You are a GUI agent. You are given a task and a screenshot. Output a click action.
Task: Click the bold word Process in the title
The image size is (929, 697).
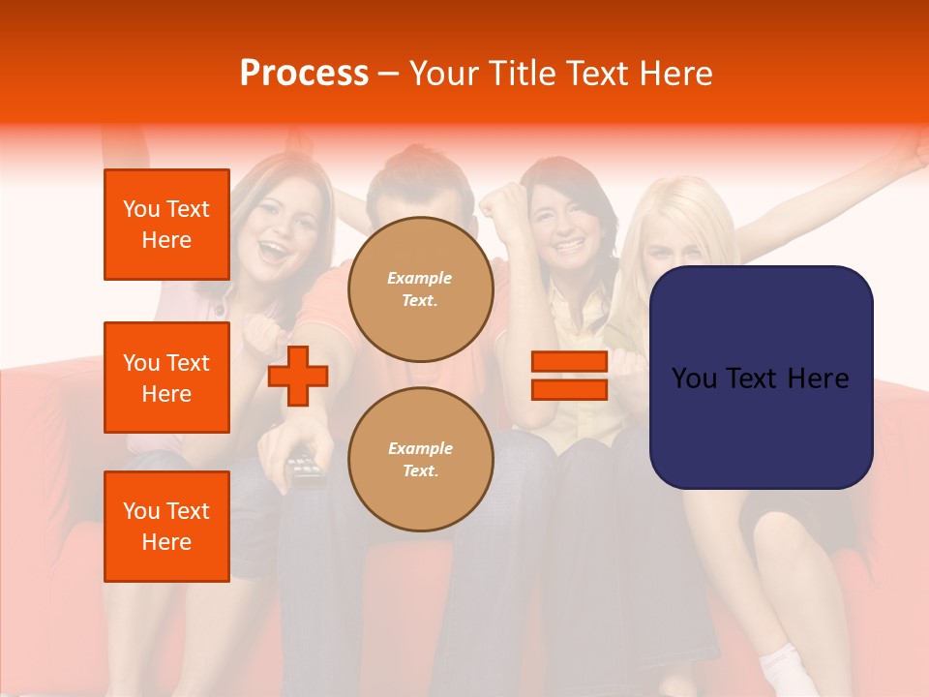coord(304,73)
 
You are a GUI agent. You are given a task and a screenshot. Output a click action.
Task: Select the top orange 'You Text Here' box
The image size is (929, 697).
coord(166,225)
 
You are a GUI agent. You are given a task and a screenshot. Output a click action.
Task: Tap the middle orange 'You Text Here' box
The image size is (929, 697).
coord(166,378)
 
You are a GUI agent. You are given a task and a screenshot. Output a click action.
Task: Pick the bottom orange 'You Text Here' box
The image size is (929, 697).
coord(166,527)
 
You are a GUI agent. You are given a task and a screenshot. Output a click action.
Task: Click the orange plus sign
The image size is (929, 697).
coord(298,376)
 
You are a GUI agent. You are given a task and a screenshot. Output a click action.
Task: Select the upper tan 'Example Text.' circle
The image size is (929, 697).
coord(420,289)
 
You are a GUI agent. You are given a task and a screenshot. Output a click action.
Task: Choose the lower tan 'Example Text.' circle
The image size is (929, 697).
coord(420,460)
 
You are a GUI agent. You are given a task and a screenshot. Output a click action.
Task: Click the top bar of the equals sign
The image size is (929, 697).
coord(569,361)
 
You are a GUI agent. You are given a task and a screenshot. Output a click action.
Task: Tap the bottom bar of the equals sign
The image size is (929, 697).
coord(569,389)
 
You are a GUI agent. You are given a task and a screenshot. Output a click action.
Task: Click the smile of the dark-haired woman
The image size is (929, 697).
coord(568,246)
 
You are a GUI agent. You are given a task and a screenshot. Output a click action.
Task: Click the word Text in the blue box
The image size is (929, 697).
coord(762,378)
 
